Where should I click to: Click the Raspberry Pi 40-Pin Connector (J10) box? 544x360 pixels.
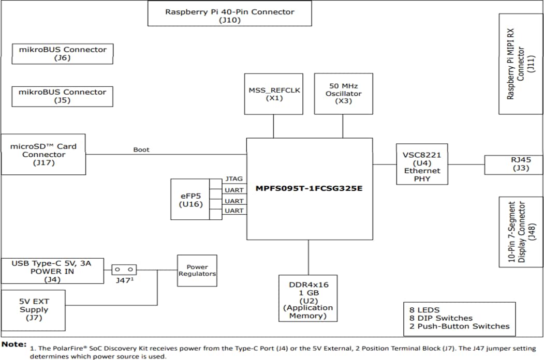point(229,13)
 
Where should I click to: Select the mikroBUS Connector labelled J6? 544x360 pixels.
point(62,54)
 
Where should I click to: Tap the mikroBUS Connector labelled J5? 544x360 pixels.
point(62,96)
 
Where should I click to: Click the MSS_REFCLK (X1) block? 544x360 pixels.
point(274,94)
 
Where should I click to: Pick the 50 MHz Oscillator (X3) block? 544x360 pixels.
point(343,93)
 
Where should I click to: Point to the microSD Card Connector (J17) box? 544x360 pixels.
point(43,154)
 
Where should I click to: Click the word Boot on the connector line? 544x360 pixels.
point(141,149)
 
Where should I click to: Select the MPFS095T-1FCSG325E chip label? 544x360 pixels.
point(309,188)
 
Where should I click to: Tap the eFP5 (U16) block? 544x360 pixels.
point(189,199)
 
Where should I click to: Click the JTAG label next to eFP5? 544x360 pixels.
point(234,178)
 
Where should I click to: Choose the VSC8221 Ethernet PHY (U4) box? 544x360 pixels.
point(421,164)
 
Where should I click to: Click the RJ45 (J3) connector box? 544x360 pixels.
point(513,164)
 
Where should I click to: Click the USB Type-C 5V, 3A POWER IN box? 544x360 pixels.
point(52,271)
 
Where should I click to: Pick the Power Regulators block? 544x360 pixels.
point(197,271)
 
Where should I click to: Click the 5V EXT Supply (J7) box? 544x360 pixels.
point(34,310)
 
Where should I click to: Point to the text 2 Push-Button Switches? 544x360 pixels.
point(459,326)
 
